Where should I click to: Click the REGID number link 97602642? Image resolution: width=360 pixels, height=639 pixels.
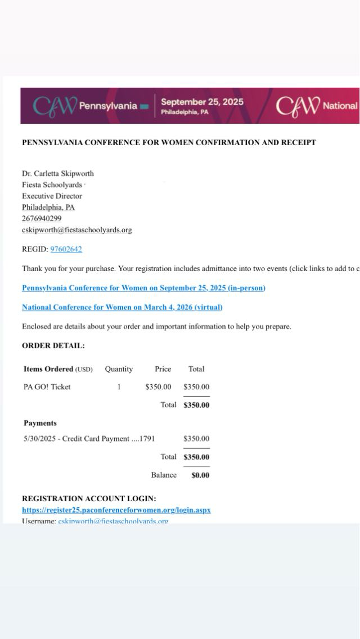66,249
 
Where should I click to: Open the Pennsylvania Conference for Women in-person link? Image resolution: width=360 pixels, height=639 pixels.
143,288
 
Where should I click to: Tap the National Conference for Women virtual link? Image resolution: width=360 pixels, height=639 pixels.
122,307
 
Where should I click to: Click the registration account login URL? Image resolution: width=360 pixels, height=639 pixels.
116,510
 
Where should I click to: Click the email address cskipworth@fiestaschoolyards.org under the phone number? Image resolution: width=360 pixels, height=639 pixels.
76,229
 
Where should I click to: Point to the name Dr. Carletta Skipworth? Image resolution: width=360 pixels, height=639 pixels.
58,173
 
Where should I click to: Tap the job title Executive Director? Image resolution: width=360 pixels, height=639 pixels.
52,196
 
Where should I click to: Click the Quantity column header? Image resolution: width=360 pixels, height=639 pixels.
119,369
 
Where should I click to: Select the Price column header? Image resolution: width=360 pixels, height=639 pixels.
163,369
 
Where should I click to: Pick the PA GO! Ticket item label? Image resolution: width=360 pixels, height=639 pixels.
47,387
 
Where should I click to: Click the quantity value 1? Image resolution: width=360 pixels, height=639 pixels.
119,387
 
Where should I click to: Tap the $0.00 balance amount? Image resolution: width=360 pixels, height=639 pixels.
200,475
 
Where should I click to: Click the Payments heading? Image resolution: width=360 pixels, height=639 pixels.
40,423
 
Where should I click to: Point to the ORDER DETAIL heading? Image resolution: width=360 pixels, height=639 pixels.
53,346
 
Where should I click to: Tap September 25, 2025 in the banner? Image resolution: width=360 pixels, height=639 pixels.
202,102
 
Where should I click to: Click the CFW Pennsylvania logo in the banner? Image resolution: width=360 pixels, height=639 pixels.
84,106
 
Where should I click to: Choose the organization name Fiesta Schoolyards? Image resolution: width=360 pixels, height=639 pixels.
52,184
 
